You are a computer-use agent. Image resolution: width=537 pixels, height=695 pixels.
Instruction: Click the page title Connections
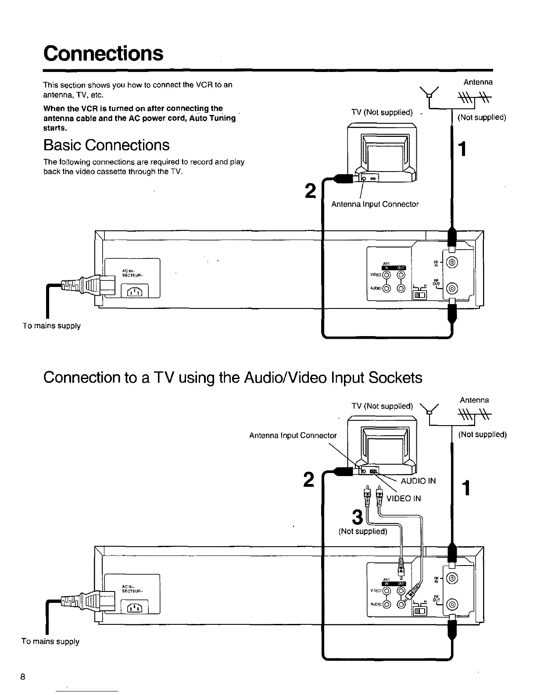click(x=103, y=54)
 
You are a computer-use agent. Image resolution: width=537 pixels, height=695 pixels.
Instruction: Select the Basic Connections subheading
click(x=106, y=145)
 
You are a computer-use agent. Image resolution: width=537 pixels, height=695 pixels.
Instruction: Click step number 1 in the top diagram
click(x=461, y=150)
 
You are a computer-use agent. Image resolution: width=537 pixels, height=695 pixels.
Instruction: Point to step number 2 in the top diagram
click(x=310, y=191)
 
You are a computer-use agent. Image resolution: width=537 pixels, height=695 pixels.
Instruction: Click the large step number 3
click(x=358, y=517)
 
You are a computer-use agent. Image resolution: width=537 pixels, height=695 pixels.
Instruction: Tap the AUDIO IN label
click(x=419, y=481)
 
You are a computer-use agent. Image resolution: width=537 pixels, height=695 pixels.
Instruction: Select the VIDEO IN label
click(x=404, y=498)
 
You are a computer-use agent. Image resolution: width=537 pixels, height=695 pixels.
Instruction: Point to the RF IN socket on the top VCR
click(x=453, y=263)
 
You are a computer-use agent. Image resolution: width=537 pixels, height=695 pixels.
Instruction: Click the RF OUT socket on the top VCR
click(x=453, y=288)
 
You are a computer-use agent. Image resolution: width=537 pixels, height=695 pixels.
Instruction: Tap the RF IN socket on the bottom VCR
click(x=453, y=578)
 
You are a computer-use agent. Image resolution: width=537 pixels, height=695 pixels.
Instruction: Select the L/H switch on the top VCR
click(x=420, y=294)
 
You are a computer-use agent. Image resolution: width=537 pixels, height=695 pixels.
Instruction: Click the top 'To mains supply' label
click(x=52, y=326)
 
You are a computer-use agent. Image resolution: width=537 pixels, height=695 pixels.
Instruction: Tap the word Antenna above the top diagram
click(x=478, y=82)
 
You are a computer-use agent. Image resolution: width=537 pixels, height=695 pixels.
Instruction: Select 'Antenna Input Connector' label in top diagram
click(x=375, y=204)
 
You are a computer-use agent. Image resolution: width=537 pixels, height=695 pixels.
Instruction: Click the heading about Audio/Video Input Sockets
click(x=233, y=377)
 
